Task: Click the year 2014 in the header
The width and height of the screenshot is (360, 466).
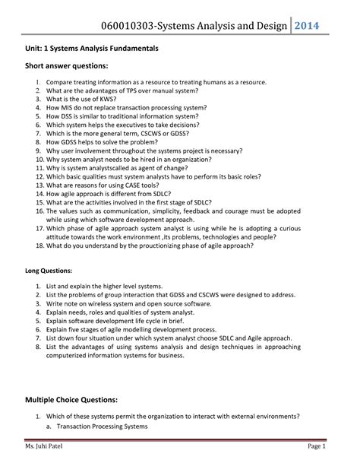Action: [311, 26]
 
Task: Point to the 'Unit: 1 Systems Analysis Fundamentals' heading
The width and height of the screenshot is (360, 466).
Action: [91, 47]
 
